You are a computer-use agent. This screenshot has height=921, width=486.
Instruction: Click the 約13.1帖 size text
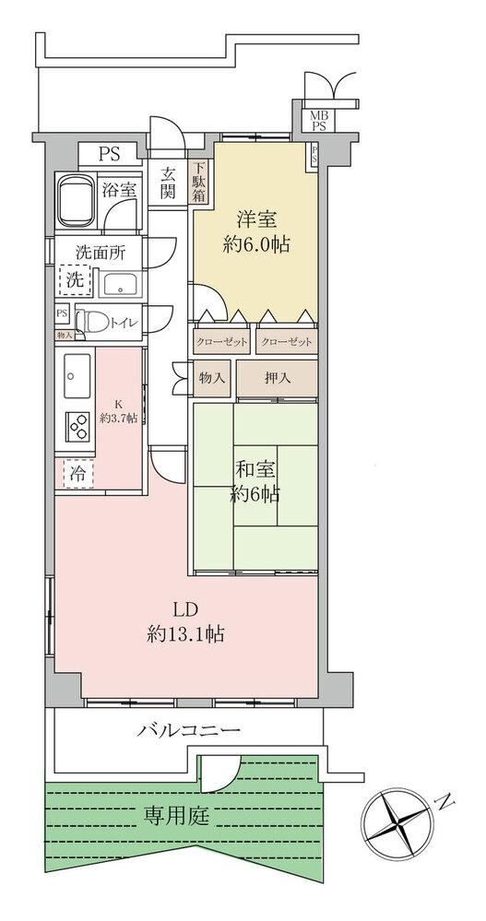click(x=185, y=634)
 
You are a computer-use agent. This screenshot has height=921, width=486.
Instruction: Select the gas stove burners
click(x=78, y=427)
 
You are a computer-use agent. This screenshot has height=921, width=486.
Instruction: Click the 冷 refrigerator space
click(x=77, y=475)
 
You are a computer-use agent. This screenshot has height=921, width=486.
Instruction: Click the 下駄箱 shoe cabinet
click(x=200, y=183)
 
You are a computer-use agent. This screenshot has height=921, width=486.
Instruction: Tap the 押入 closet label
click(x=278, y=379)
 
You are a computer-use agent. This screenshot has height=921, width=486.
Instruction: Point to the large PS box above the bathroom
click(x=109, y=155)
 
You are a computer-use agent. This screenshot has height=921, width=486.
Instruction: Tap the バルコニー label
click(x=190, y=731)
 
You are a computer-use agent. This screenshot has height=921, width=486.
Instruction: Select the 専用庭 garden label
click(x=177, y=814)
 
